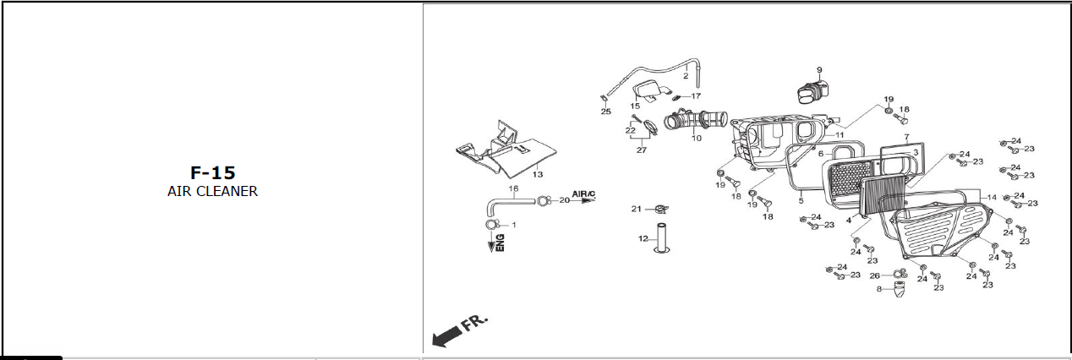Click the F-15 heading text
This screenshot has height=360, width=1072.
[x=212, y=172]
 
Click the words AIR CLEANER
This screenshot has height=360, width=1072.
[x=212, y=191]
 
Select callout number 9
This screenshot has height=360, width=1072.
[x=818, y=69]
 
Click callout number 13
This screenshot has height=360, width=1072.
[x=537, y=174]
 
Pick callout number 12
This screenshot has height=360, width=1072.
[x=643, y=238]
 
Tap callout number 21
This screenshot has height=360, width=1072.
[x=637, y=208]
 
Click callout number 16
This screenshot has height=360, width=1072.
[x=512, y=188]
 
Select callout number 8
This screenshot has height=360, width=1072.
[x=879, y=289]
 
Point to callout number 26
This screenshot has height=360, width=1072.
[x=874, y=275]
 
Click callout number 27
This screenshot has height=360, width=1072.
[x=641, y=150]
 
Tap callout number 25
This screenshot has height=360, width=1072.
[x=605, y=112]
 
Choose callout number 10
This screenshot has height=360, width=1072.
[x=696, y=138]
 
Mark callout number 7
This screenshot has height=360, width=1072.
[x=905, y=137]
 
